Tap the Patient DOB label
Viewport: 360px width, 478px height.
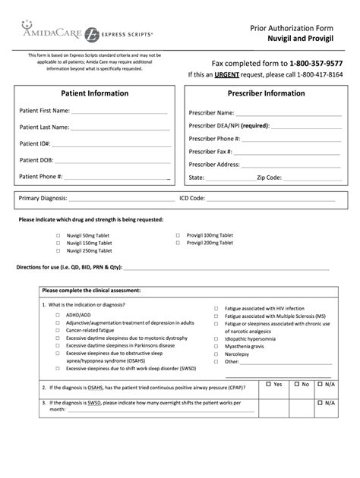pos(36,160)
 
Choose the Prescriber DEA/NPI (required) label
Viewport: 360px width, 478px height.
pos(228,125)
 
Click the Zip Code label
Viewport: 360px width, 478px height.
pos(269,178)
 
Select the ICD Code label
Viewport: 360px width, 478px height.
pos(192,198)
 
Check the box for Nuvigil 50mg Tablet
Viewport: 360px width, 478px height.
pos(58,235)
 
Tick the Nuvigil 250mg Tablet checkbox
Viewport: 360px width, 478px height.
pos(58,250)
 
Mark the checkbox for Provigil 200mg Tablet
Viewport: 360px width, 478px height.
pos(177,243)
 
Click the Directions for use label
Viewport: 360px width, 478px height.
pos(68,268)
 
